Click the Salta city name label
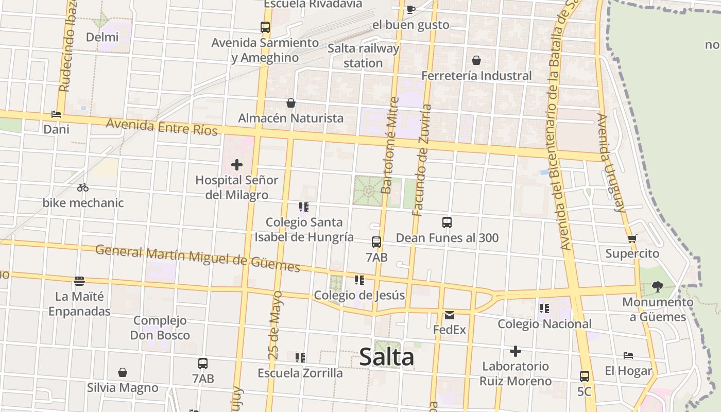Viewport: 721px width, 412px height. [386, 357]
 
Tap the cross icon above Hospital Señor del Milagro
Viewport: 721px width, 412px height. [237, 165]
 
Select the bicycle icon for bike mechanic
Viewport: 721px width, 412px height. [83, 188]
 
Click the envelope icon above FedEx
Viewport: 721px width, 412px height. [450, 315]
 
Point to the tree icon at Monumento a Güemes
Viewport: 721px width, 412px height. [657, 286]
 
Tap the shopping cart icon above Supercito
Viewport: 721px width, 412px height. [632, 238]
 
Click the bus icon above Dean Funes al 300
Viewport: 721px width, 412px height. [447, 222]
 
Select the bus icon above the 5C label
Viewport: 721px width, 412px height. [584, 376]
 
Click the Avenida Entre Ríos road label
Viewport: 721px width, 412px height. [162, 127]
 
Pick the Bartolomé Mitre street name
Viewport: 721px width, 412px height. [390, 146]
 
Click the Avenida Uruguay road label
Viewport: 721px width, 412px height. [612, 163]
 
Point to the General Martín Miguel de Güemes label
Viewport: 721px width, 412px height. [198, 258]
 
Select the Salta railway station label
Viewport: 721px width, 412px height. [364, 56]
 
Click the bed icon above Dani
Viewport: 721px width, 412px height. [56, 114]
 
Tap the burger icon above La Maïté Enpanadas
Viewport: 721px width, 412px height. [79, 281]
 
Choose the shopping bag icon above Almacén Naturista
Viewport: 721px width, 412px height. [291, 103]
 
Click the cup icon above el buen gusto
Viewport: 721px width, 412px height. [410, 9]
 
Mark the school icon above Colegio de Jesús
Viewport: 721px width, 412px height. [359, 280]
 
